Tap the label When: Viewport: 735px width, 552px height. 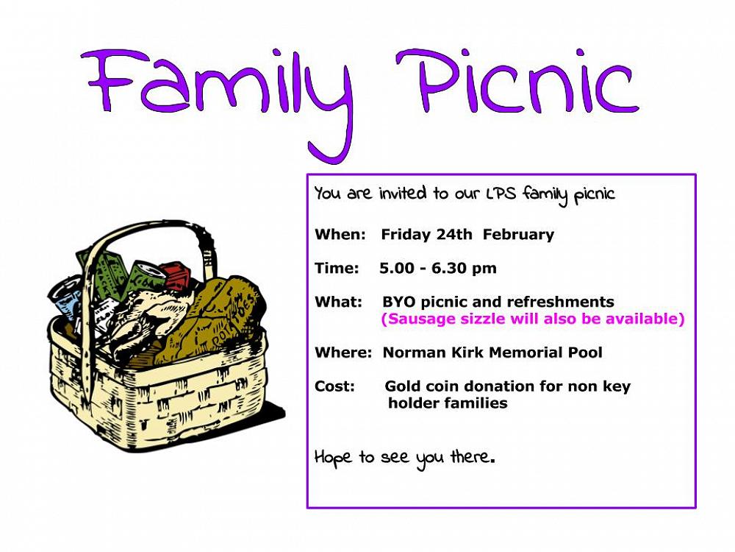[x=340, y=234]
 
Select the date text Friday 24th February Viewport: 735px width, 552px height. [x=467, y=234]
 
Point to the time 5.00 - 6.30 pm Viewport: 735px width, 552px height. [x=438, y=268]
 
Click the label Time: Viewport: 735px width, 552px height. [x=337, y=268]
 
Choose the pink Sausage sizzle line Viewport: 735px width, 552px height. [x=533, y=319]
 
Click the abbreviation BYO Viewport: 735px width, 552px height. [x=398, y=301]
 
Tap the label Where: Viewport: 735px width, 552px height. [x=343, y=352]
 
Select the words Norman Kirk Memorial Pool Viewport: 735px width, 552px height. [x=492, y=352]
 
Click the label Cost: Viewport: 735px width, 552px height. [x=334, y=386]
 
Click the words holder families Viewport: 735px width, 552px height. [x=448, y=403]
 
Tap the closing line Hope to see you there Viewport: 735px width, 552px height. [x=404, y=458]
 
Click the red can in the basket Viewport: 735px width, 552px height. [x=174, y=277]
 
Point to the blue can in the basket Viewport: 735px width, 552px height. [x=65, y=296]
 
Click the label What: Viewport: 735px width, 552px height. [x=338, y=301]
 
